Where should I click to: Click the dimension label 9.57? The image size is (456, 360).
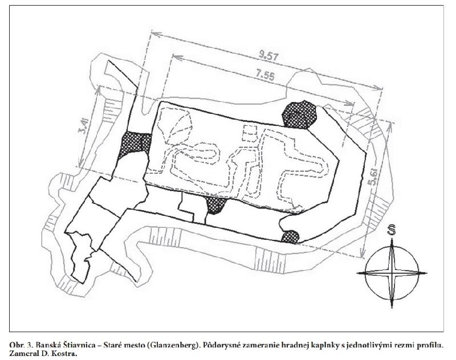click(x=268, y=55)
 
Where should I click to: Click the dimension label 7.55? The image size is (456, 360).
click(x=265, y=75)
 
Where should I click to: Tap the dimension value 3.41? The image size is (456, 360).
click(x=83, y=126)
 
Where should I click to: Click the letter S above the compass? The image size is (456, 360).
click(x=392, y=230)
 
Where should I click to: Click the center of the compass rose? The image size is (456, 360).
click(x=392, y=273)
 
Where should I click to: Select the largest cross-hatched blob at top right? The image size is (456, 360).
click(x=299, y=114)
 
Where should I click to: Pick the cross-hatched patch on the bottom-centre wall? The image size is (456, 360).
click(x=216, y=204)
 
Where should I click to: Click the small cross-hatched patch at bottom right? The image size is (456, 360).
click(x=290, y=237)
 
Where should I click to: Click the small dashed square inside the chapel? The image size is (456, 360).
click(x=250, y=133)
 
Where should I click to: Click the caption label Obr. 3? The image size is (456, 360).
click(x=22, y=345)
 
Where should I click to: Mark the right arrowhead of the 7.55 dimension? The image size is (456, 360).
click(x=350, y=103)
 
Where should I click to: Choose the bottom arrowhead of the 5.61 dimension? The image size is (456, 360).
click(x=362, y=253)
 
